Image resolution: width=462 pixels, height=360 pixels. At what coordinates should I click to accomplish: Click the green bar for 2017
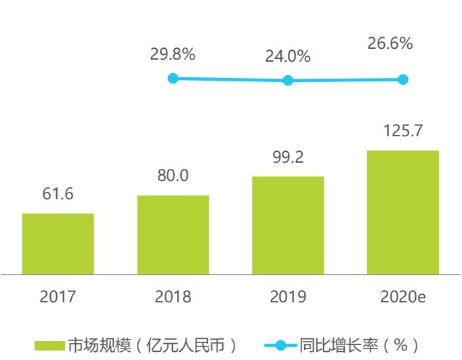click(x=58, y=243)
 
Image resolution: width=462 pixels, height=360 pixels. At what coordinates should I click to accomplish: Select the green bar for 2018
click(x=173, y=235)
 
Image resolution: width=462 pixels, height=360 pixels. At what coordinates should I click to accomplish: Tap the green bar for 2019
click(x=288, y=225)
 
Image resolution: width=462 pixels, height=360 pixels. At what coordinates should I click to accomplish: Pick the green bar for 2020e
click(x=403, y=212)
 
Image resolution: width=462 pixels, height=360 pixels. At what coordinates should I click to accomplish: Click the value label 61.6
click(x=58, y=194)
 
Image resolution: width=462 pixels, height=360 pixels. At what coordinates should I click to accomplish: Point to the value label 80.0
click(x=173, y=176)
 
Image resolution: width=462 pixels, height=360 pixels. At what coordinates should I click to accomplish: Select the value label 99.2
click(x=288, y=157)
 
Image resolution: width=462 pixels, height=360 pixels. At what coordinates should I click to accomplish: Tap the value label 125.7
click(x=403, y=131)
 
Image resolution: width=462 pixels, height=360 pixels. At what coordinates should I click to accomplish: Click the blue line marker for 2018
click(x=173, y=79)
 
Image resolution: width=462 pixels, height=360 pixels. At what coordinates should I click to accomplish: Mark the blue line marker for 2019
click(x=288, y=80)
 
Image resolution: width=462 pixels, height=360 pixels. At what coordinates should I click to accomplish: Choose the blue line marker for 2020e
click(x=403, y=79)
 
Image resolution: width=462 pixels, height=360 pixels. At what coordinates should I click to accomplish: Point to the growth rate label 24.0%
click(x=288, y=56)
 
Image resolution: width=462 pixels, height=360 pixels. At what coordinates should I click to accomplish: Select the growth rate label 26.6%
click(x=390, y=43)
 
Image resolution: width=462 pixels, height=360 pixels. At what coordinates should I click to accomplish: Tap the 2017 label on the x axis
click(x=58, y=296)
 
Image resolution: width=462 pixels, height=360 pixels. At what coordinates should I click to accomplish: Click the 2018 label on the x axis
click(x=173, y=296)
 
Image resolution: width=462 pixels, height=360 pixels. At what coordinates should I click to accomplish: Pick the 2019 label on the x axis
click(x=288, y=296)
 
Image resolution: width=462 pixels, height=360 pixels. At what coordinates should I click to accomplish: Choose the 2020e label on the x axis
click(x=404, y=296)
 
